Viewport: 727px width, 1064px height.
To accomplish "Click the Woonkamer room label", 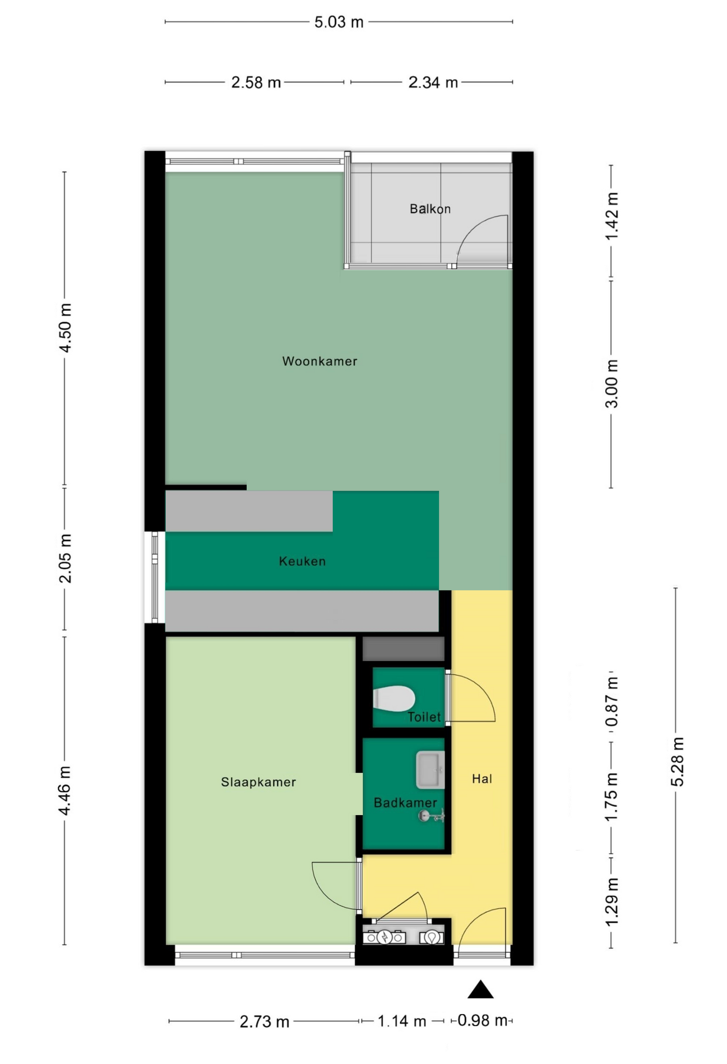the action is [319, 361].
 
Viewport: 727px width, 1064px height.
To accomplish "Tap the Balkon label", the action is [430, 209].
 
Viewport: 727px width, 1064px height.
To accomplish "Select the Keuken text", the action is [302, 561].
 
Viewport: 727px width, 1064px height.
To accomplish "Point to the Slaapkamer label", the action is [258, 782].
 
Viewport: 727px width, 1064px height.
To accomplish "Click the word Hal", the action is [482, 778].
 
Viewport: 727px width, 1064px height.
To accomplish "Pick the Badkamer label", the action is [405, 803].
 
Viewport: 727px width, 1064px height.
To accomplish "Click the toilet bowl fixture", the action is [394, 698].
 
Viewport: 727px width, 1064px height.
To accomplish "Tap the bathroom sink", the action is [430, 769].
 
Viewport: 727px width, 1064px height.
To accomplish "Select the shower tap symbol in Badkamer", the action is [431, 817].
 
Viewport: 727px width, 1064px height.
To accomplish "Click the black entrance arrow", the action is [480, 990].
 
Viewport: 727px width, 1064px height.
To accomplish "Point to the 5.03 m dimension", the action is [339, 22].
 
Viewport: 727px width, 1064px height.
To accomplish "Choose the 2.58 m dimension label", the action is [255, 83].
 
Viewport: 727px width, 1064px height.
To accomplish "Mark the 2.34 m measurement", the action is [433, 83].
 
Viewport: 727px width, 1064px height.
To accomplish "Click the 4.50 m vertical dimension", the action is [65, 328].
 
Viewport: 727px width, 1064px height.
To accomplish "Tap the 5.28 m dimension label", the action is [677, 762].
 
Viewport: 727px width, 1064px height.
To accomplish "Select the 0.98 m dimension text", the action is [482, 1020].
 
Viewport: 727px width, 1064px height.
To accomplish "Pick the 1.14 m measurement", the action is [402, 1021].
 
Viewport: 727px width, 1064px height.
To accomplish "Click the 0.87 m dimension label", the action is [612, 702].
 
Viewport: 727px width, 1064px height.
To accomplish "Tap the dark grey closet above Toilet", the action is [403, 649].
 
